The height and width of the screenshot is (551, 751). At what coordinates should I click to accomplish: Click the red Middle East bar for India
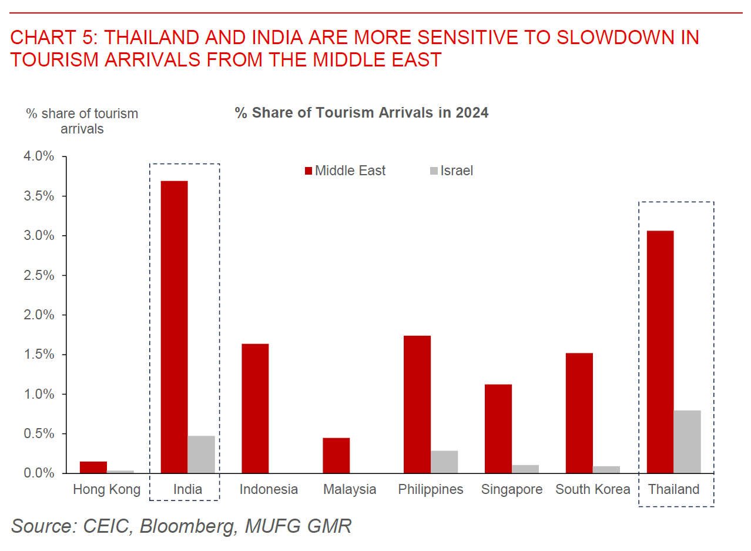tap(174, 327)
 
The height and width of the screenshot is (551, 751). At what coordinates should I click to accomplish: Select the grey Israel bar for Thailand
tap(687, 442)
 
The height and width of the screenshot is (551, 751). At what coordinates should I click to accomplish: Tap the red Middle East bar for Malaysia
tap(336, 456)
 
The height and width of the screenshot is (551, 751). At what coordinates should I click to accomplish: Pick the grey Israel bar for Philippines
tap(444, 462)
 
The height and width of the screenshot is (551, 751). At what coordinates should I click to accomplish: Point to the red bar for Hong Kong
tap(93, 467)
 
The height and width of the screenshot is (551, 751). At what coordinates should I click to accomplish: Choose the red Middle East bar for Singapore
tap(498, 429)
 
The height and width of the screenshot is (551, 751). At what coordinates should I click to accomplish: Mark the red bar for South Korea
tap(579, 413)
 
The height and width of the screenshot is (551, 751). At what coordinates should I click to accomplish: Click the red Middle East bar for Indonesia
tap(255, 408)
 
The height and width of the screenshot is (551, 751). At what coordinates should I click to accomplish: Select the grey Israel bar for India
tap(201, 454)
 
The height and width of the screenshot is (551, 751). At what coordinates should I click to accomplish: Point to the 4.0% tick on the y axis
tap(39, 156)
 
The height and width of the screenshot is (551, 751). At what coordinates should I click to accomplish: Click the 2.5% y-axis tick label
tap(39, 275)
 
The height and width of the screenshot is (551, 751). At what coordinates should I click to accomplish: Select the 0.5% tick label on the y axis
tap(39, 433)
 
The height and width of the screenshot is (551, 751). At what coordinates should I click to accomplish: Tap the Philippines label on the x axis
tap(431, 489)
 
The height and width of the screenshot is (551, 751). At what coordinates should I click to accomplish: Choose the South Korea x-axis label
tap(592, 489)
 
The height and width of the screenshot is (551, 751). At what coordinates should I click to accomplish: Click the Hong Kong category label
tap(107, 489)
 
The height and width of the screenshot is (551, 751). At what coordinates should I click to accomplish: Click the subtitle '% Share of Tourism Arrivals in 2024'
tap(361, 113)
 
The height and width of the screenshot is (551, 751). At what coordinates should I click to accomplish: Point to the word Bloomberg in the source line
tap(187, 525)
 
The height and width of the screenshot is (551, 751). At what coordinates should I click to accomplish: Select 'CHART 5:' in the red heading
tap(53, 38)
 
